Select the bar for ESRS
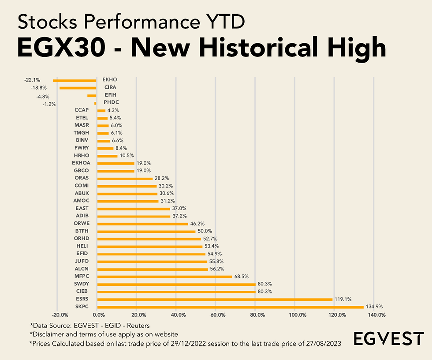pyautogui.click(x=214, y=299)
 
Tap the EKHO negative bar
pyautogui.click(x=74, y=80)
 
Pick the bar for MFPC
pyautogui.click(x=164, y=277)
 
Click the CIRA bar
pyautogui.click(x=78, y=88)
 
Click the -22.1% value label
pyautogui.click(x=32, y=80)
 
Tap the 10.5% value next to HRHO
pyautogui.click(x=127, y=156)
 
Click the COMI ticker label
pyautogui.click(x=82, y=186)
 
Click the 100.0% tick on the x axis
pyautogui.click(x=298, y=315)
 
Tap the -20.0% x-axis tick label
pyautogui.click(x=60, y=315)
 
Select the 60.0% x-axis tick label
pyautogui.click(x=218, y=315)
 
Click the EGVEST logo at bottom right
pyautogui.click(x=389, y=339)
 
